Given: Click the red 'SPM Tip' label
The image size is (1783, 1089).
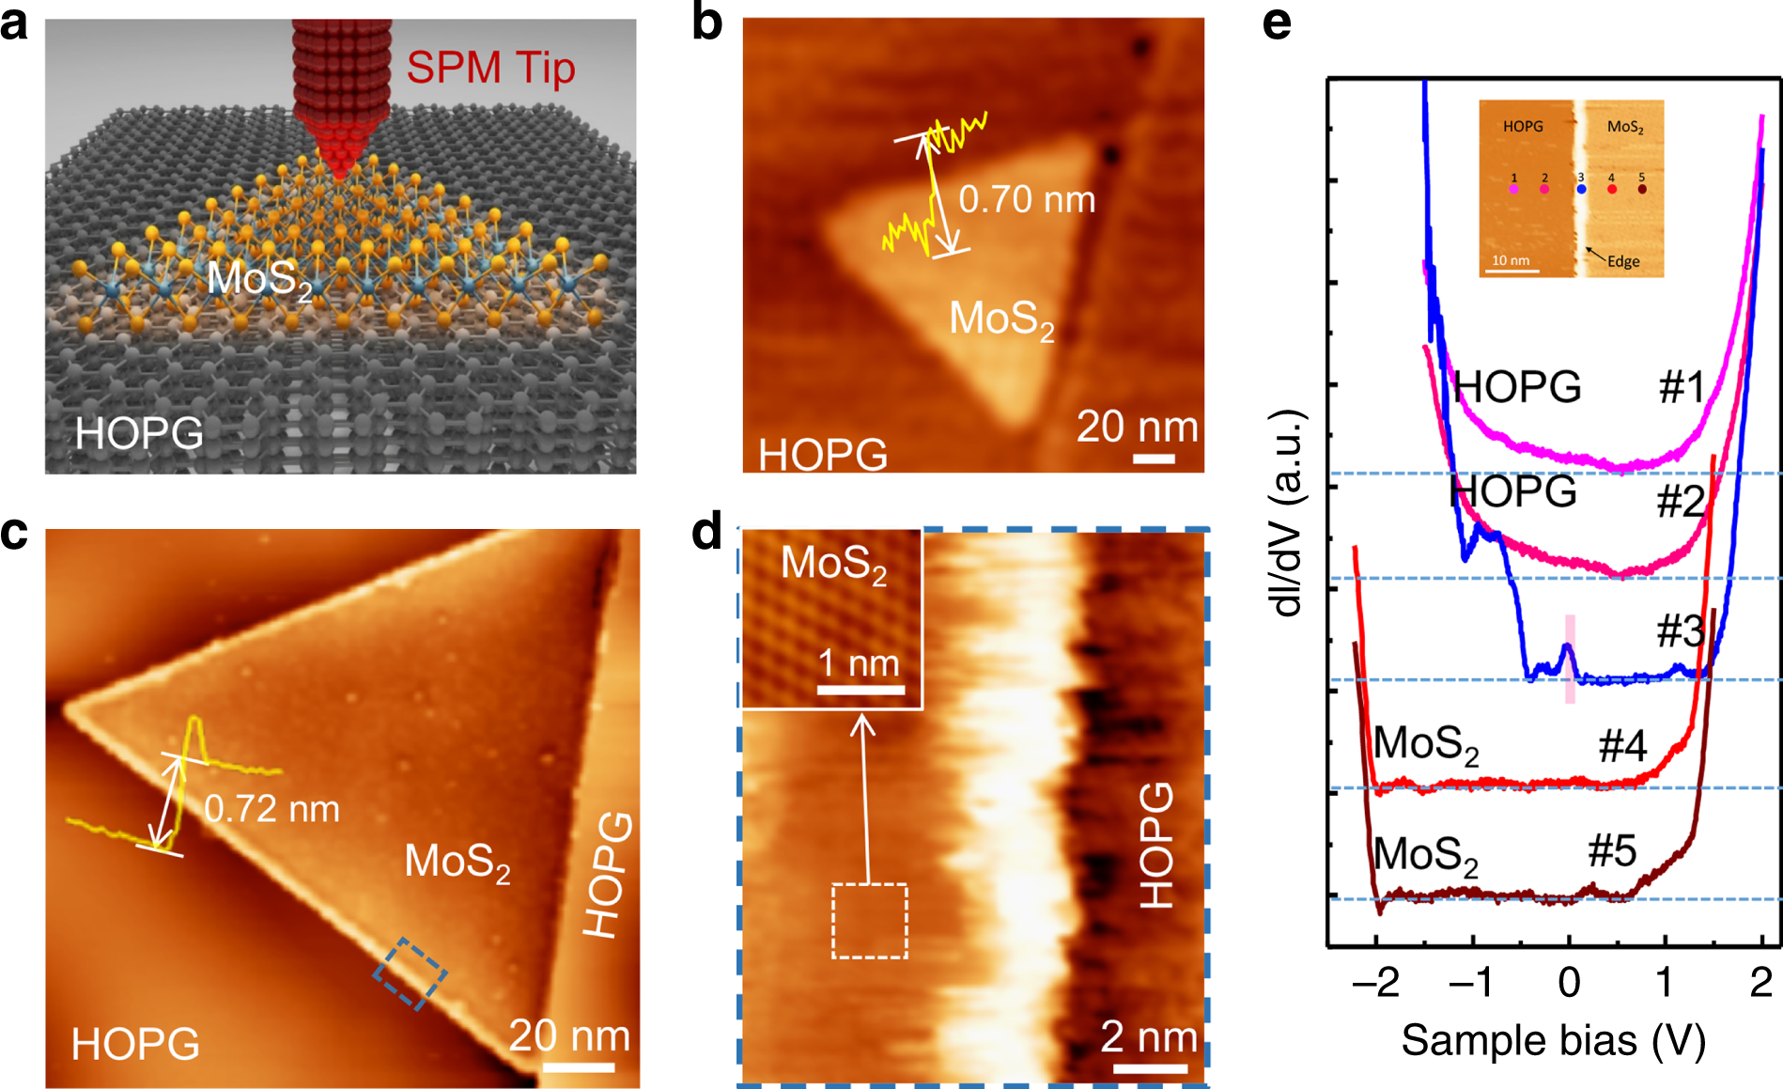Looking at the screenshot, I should [490, 68].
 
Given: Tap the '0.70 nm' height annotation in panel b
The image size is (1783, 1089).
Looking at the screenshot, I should [1026, 199].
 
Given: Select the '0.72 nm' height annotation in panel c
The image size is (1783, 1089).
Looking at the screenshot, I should [271, 809].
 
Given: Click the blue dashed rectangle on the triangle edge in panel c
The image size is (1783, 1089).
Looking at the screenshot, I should [410, 973].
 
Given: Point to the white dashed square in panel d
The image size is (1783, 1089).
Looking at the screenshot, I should [870, 921].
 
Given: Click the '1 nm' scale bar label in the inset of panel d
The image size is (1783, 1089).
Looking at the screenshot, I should [859, 663].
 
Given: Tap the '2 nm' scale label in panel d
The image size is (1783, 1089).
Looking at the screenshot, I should [1148, 1037].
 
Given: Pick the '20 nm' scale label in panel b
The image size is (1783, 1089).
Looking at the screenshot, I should [1137, 427].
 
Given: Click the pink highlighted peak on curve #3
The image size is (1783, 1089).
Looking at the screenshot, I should [1569, 658].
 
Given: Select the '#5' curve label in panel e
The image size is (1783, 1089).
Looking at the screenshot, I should [1612, 851].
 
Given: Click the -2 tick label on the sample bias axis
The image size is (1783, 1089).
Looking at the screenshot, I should [1375, 983].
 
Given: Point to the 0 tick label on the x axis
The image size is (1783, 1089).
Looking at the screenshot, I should [1569, 983].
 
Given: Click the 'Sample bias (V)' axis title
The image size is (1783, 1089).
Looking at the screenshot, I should [1553, 1040].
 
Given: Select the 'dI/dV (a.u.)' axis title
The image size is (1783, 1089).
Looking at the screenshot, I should [1287, 513].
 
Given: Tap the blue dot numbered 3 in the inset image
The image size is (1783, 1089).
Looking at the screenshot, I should [1581, 189].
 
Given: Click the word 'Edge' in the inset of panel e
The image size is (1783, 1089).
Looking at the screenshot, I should [1623, 261].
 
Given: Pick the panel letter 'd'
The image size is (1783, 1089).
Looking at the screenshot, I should [706, 532].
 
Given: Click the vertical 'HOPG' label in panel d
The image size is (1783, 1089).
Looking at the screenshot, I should [1156, 845].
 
